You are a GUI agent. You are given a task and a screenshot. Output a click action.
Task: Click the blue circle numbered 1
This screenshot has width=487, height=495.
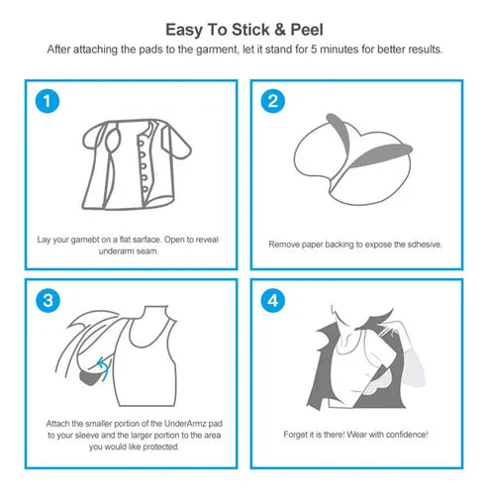click(48, 101)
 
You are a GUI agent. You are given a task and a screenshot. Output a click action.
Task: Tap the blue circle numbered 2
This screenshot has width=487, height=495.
click(273, 101)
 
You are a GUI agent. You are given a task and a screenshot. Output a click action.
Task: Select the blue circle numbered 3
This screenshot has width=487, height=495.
click(48, 300)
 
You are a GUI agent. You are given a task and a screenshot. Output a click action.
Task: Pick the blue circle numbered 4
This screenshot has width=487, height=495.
click(273, 300)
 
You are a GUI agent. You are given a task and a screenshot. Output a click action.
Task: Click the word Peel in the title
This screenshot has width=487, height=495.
click(307, 30)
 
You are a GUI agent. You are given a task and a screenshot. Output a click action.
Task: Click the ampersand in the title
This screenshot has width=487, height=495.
click(279, 30)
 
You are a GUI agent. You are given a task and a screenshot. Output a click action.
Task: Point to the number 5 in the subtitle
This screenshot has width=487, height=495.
click(314, 49)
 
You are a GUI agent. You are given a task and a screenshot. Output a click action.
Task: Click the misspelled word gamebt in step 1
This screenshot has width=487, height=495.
click(85, 240)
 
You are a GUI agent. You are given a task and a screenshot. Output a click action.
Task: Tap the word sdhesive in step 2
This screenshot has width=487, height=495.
click(425, 245)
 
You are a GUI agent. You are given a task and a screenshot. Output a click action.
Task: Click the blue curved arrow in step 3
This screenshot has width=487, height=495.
click(104, 368)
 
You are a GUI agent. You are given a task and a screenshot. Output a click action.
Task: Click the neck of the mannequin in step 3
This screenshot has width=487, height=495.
click(155, 312)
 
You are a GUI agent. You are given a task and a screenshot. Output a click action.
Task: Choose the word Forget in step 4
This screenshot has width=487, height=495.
click(295, 435)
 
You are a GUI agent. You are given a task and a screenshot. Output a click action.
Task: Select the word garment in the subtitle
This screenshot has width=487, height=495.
click(217, 49)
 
